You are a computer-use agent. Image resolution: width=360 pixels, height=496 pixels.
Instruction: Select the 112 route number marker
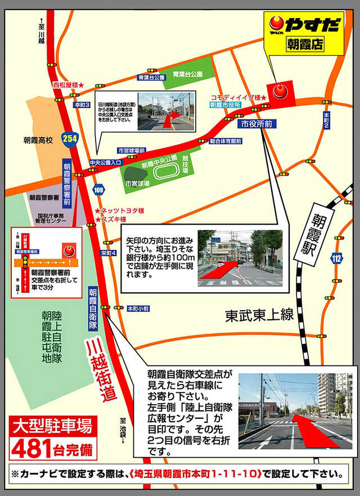[336, 258]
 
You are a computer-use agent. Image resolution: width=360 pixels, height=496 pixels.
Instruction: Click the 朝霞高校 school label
[38, 139]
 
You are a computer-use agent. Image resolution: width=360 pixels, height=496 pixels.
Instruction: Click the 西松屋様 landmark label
[68, 84]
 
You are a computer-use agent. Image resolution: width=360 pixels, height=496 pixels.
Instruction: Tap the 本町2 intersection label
[326, 120]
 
